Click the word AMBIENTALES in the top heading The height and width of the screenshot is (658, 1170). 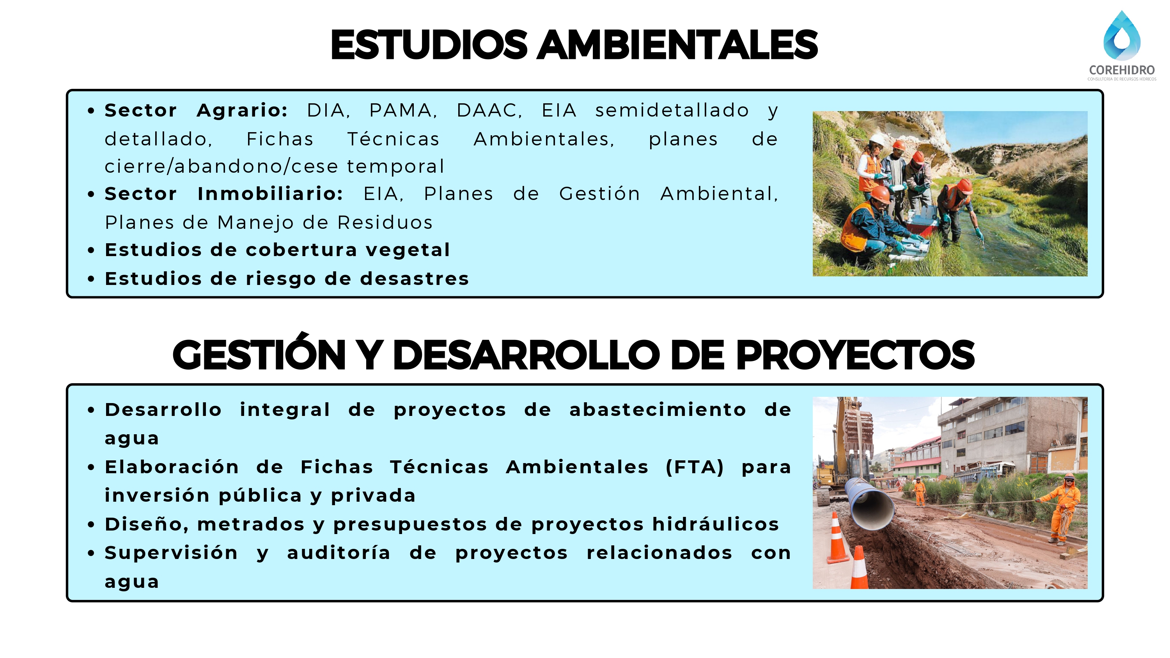tap(677, 44)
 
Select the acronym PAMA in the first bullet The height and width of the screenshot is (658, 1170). tap(403, 110)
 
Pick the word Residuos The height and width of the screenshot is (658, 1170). tap(385, 223)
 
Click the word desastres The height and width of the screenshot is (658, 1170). tap(414, 279)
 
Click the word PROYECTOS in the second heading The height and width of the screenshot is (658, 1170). tap(855, 355)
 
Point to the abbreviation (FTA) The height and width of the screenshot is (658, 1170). tap(695, 467)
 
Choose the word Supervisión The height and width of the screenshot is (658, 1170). tap(171, 554)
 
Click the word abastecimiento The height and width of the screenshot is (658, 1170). tap(658, 410)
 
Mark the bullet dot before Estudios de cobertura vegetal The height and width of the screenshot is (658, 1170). tap(91, 250)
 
